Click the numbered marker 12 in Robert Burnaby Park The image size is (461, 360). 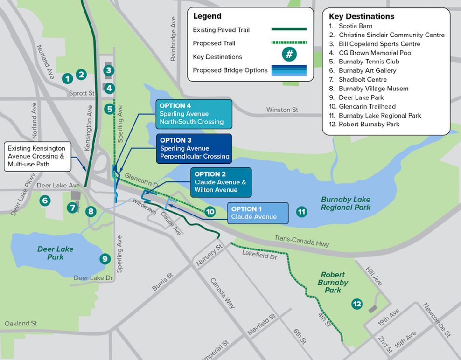click(x=357, y=304)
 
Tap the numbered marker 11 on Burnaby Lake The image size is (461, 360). click(x=302, y=212)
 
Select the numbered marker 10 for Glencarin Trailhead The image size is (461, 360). click(x=210, y=212)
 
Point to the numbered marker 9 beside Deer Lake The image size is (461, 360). click(x=105, y=258)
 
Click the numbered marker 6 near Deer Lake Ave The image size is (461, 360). click(x=45, y=201)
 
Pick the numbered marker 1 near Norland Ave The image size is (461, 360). click(x=68, y=78)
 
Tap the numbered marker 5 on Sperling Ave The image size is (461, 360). click(x=109, y=109)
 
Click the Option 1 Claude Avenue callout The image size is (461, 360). click(x=258, y=213)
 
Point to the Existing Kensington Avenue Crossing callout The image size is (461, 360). click(x=36, y=156)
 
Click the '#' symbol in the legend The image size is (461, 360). click(x=289, y=55)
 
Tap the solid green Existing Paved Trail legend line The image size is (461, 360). click(x=289, y=29)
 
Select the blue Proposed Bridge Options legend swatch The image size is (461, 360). click(x=289, y=70)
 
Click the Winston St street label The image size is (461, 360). click(x=282, y=110)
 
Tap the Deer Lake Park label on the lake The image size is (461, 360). click(x=55, y=253)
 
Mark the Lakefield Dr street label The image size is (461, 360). click(x=259, y=255)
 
